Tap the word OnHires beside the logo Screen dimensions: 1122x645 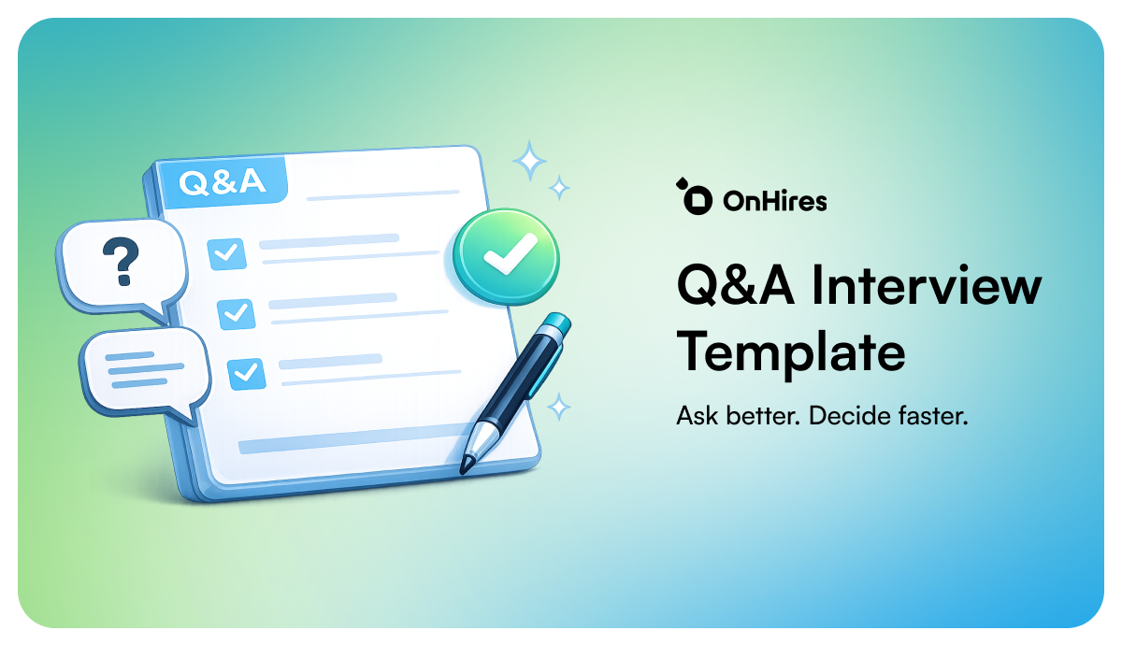[775, 201]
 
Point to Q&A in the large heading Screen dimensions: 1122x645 [736, 284]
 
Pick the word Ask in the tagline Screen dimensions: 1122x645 [698, 416]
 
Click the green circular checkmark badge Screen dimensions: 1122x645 [506, 256]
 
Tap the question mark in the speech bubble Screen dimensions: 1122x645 [121, 262]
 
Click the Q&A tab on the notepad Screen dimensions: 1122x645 [222, 182]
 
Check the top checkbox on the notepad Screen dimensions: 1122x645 [226, 254]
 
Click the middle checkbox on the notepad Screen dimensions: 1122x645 [236, 314]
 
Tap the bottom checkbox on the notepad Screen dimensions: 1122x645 [246, 374]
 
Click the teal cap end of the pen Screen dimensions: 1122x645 [556, 323]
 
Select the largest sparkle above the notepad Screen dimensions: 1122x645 [529, 161]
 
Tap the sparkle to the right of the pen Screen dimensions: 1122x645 [558, 407]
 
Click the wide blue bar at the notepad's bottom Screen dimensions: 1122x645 [351, 439]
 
